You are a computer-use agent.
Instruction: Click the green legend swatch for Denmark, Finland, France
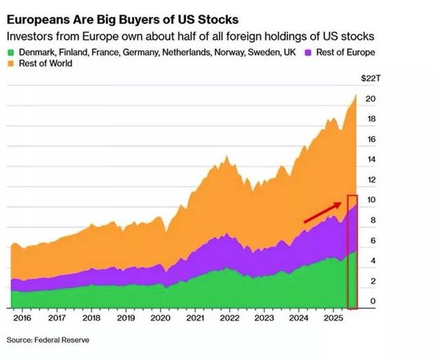tap(10, 52)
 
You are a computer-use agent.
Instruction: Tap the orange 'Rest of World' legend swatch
tap(10, 64)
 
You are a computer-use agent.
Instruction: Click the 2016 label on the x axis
tap(22, 319)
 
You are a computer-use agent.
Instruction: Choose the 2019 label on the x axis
tap(125, 319)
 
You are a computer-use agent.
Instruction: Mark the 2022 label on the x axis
tap(229, 319)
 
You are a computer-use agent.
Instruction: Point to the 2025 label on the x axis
tap(333, 319)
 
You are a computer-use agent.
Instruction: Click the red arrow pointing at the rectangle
tap(323, 212)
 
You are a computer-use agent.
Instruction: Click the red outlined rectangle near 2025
tap(352, 252)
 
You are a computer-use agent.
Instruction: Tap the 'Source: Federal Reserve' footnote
tap(48, 340)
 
